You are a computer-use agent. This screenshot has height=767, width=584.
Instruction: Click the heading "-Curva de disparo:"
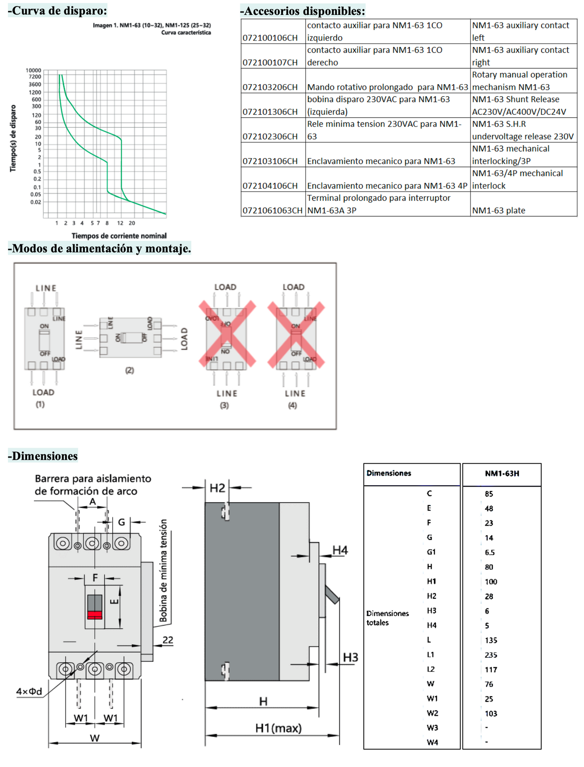58,11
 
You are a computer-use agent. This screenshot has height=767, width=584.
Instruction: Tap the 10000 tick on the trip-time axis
34,70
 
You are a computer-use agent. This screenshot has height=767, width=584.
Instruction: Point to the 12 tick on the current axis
120,223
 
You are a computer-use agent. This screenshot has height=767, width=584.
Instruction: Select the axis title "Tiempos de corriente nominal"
119,236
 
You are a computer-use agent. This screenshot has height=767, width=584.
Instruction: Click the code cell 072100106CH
270,38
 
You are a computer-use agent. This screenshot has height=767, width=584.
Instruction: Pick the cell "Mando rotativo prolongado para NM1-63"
387,87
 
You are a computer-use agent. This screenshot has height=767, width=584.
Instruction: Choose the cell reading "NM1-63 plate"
498,210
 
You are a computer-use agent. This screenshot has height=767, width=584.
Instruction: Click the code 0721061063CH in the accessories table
272,210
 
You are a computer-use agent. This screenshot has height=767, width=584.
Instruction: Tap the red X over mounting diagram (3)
227,334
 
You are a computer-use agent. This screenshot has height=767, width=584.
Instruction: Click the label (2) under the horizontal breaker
129,370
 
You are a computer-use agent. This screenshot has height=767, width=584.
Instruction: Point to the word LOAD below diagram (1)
43,392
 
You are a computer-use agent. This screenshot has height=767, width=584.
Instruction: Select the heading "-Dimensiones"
43,456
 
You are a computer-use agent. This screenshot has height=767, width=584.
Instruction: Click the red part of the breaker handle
95,615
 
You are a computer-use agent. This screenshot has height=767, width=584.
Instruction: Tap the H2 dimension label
217,488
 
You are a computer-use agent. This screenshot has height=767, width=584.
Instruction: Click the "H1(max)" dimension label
278,728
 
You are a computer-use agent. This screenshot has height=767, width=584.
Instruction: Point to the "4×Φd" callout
29,691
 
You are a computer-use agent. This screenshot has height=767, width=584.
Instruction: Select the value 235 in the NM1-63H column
491,655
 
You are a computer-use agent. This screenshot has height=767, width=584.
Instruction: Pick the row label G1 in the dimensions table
431,552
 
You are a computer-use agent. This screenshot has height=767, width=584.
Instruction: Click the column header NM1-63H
502,473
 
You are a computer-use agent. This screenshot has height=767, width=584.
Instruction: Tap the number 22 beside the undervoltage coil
168,640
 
